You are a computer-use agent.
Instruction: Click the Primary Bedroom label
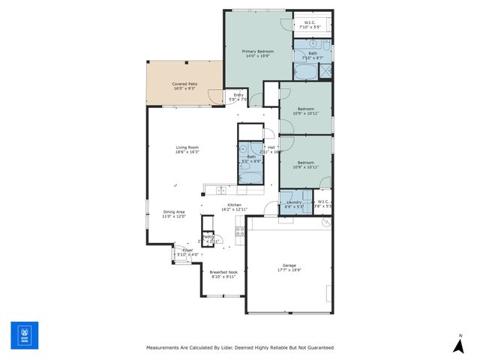pos(257,51)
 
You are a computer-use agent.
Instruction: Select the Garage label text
pos(289,265)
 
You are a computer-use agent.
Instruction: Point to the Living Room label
pos(187,147)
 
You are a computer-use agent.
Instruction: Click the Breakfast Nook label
pos(223,271)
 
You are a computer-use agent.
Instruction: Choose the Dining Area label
pos(173,211)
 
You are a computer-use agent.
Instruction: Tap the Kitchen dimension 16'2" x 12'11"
pos(234,210)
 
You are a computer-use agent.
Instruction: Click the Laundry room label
pos(294,202)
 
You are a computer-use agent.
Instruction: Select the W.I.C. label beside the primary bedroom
pos(310,22)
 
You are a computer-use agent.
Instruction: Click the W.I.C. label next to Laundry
pos(323,201)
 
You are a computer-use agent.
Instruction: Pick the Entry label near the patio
pos(238,94)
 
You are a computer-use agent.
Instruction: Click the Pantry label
pos(208,236)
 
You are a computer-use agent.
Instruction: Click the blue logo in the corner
pos(24,334)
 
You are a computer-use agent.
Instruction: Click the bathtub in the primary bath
pos(304,72)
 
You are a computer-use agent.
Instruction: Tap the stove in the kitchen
pos(240,232)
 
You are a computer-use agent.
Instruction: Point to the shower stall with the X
pos(326,71)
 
